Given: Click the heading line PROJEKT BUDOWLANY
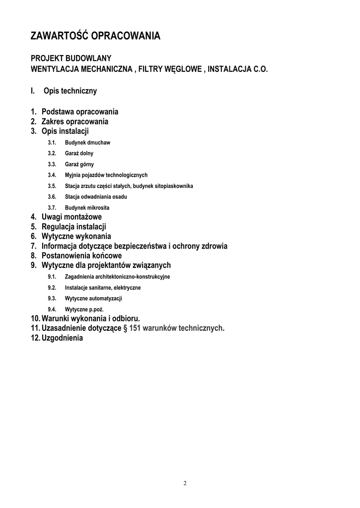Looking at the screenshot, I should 71,59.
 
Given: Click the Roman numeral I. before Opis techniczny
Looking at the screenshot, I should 33,91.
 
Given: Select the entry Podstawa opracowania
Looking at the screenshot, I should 79,112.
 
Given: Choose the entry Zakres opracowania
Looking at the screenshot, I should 74,122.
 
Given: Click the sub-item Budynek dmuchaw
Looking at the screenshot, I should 87,143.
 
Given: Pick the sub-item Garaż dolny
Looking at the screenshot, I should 79,154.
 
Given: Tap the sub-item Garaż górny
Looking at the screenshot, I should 79,165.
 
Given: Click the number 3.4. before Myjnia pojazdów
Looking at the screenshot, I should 52,175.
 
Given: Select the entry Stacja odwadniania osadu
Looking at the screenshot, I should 96,197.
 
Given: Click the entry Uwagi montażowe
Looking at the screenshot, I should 72,217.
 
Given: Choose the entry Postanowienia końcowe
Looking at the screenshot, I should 81,256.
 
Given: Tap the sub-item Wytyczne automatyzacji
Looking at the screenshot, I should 93,299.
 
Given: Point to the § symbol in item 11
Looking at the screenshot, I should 125,328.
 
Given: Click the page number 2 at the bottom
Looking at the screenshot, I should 185,484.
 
